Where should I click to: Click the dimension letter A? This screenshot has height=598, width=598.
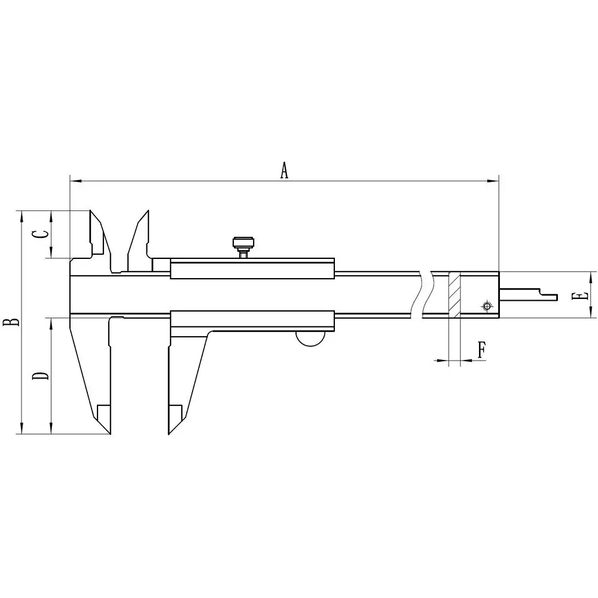(285, 170)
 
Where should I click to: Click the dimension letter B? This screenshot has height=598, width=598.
(11, 322)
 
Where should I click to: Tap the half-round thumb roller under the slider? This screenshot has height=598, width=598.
(310, 338)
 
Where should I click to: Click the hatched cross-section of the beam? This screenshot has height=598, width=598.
(454, 295)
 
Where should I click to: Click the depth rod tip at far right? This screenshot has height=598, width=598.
(554, 297)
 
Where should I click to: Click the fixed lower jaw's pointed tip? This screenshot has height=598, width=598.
(110, 432)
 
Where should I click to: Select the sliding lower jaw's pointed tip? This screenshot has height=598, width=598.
(170, 432)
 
